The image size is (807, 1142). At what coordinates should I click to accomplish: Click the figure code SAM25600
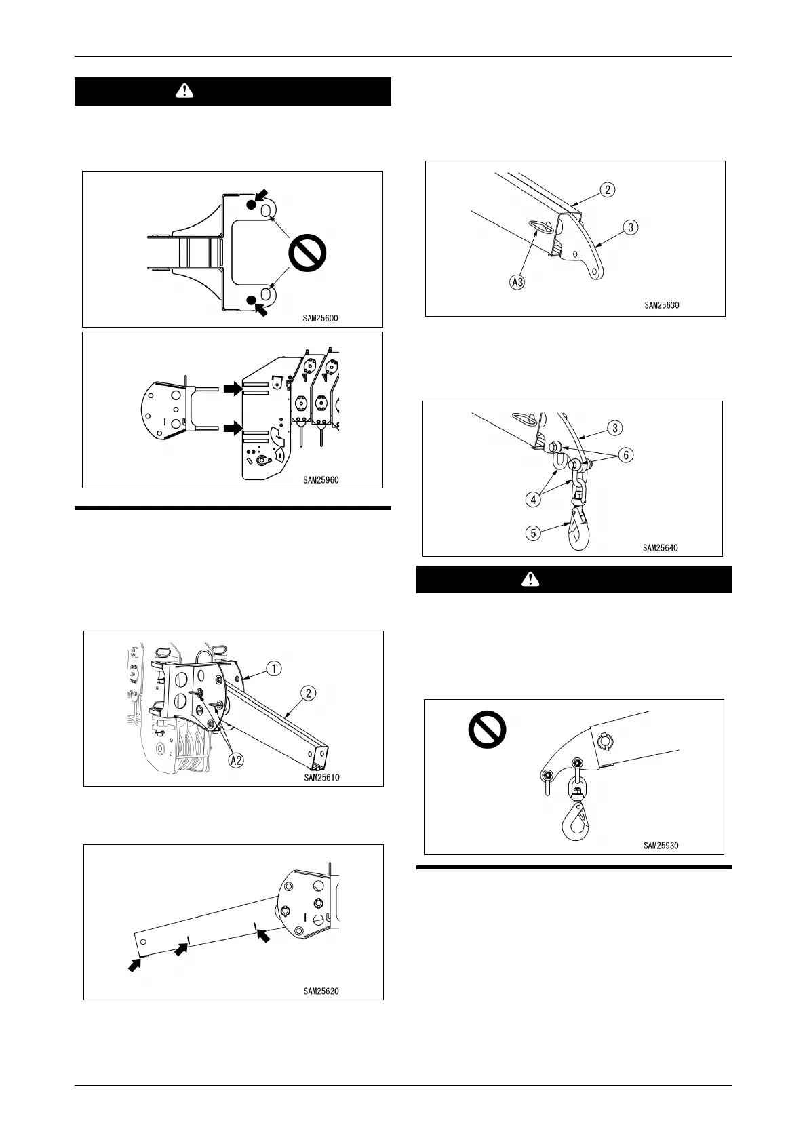[x=321, y=316]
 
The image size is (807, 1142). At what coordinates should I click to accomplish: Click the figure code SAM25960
[x=321, y=479]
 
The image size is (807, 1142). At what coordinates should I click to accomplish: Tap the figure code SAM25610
[x=321, y=777]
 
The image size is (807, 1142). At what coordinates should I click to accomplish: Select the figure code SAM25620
[x=321, y=991]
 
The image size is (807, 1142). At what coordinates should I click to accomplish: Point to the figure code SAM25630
[x=661, y=305]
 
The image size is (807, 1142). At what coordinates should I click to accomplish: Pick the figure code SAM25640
[x=661, y=547]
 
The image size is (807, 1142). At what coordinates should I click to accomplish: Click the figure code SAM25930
[x=661, y=846]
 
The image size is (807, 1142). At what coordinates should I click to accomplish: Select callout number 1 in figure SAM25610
[x=273, y=669]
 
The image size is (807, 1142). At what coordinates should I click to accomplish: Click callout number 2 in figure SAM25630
[x=607, y=189]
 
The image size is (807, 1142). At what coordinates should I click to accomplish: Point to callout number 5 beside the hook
[x=534, y=533]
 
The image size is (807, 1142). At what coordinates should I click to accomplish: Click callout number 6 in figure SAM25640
[x=627, y=454]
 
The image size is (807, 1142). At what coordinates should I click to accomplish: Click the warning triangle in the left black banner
[x=184, y=92]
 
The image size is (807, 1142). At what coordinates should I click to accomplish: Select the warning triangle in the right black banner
[x=532, y=579]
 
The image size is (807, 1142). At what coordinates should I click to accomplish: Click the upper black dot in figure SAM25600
[x=251, y=205]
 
